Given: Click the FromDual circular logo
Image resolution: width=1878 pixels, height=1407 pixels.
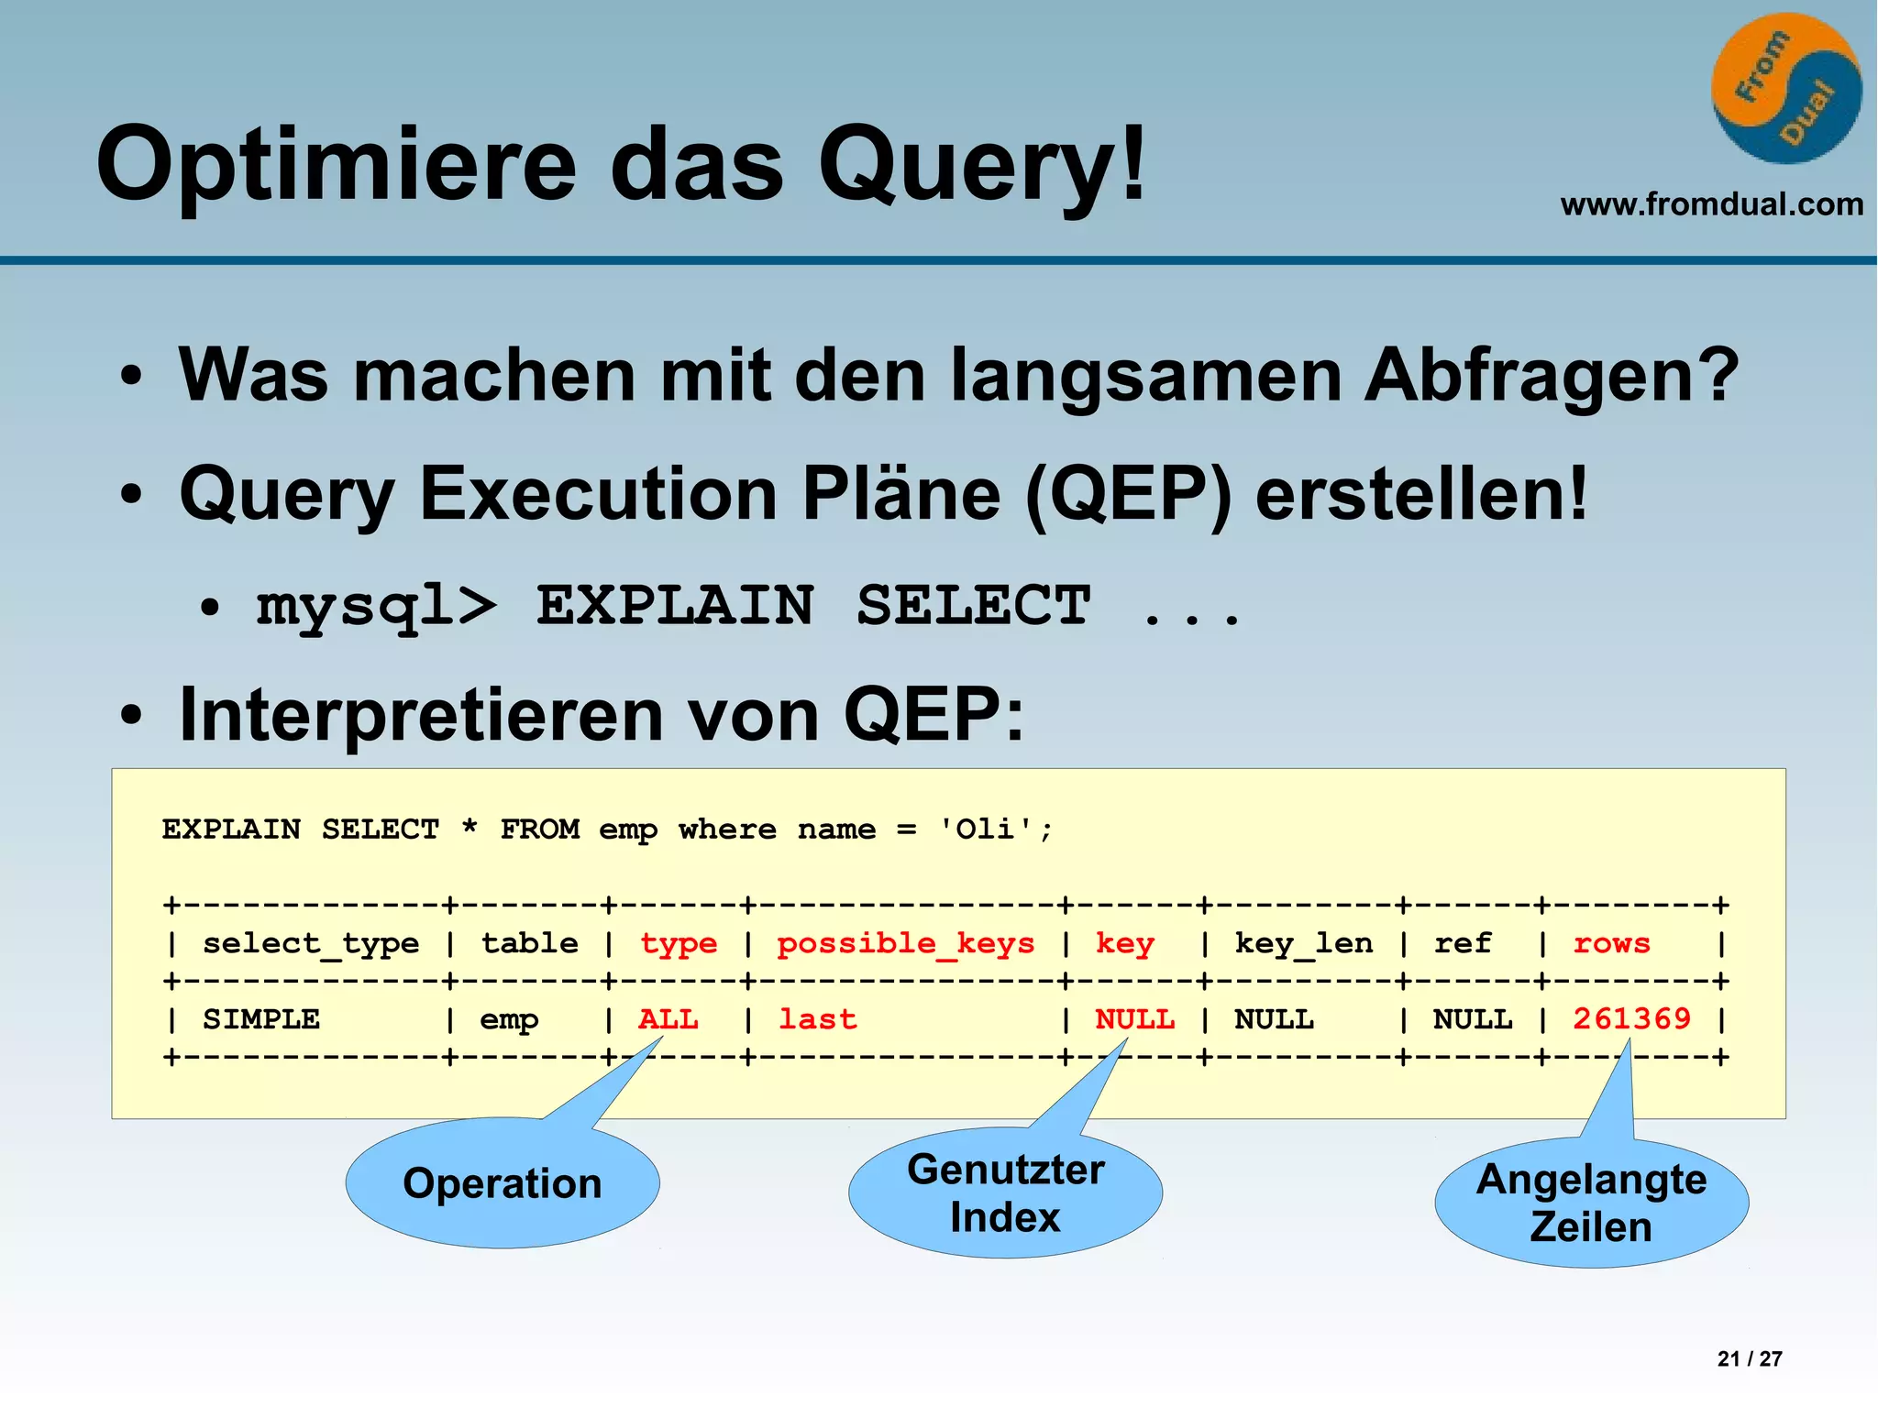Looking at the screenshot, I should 1785,88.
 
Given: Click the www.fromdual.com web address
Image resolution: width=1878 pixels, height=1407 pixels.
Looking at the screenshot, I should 1711,203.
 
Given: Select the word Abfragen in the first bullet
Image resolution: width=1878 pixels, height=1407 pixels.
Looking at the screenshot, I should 1550,376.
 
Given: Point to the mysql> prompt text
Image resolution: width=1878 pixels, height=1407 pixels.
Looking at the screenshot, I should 376,607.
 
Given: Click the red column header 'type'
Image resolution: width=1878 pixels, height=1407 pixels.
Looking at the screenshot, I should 679,943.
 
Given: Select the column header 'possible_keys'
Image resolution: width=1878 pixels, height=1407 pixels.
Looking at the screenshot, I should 905,943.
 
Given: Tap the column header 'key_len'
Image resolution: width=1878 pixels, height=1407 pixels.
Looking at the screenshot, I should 1303,943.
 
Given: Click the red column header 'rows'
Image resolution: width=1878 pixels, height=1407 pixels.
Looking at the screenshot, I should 1611,943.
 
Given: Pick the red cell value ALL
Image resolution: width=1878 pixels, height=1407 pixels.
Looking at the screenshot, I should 668,1019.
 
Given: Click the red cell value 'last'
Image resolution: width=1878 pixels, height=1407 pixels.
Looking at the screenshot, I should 817,1019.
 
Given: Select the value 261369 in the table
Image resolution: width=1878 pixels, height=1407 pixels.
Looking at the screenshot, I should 1631,1019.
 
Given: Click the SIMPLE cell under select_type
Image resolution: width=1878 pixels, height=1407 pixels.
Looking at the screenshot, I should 261,1019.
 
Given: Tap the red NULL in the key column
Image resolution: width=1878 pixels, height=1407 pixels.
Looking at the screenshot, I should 1134,1019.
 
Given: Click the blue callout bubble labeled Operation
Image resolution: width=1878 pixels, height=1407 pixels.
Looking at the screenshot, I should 503,1183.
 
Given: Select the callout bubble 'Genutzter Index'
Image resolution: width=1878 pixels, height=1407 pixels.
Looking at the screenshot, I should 1005,1193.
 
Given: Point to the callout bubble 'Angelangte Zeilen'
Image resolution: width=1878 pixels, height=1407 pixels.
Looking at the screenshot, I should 1591,1203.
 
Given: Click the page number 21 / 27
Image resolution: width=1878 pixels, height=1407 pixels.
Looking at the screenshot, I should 1749,1358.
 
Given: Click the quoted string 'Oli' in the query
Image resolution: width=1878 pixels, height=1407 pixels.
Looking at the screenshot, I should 986,830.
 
